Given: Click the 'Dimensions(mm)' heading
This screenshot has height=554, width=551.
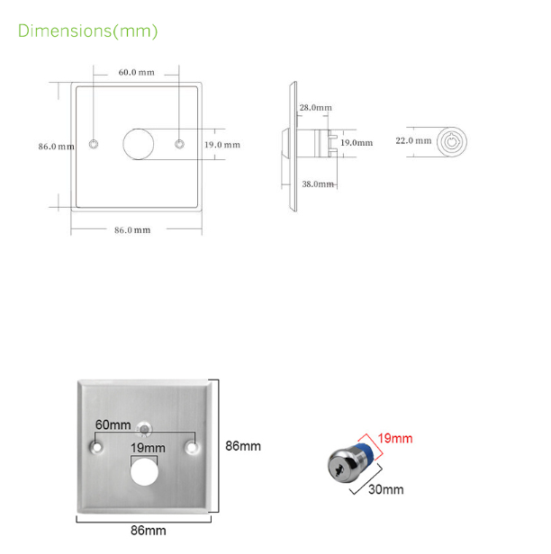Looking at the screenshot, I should (88, 31).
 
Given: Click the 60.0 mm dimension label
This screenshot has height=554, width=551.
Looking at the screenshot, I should (136, 72).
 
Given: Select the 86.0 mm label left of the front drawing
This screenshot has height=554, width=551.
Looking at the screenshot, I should (55, 147).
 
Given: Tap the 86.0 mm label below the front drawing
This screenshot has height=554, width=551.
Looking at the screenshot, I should (131, 230).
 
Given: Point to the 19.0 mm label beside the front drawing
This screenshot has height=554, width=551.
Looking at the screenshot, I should (221, 145).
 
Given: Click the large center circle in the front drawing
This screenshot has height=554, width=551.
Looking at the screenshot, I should (138, 144).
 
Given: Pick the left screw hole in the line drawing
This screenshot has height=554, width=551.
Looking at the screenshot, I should (95, 144).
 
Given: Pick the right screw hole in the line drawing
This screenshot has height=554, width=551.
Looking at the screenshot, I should (179, 144).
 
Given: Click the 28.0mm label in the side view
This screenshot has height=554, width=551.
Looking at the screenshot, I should (315, 108).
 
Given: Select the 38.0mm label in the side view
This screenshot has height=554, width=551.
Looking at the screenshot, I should (318, 183).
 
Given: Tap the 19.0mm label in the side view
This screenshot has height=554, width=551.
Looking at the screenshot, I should (357, 142).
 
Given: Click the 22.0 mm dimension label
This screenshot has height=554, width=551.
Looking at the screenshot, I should (413, 140).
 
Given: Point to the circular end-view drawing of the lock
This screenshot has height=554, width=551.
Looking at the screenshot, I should (452, 141).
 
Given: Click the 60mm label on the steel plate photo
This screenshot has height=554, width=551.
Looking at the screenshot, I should (113, 425).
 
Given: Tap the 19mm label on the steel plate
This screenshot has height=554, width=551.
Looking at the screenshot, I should (148, 448).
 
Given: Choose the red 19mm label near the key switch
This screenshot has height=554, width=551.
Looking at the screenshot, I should (395, 439).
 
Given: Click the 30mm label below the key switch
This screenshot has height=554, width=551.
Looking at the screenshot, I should (387, 490).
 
